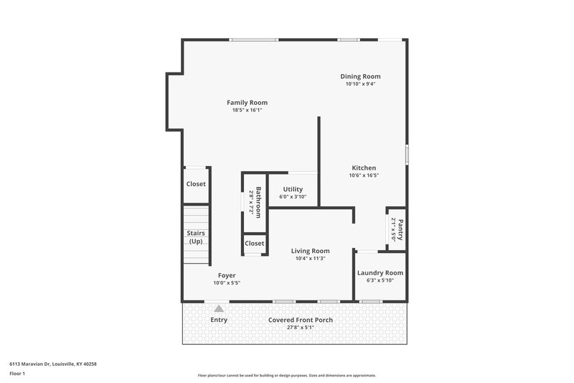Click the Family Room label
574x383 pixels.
247,103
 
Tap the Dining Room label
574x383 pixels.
360,76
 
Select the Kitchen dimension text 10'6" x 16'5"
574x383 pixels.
363,175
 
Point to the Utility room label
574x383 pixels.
293,189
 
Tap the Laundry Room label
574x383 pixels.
380,273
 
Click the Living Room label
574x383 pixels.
310,251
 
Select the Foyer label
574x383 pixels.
226,275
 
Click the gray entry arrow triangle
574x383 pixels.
219,308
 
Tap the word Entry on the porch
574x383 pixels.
219,320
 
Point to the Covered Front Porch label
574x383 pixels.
301,320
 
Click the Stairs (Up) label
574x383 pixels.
196,237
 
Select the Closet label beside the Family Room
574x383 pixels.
196,184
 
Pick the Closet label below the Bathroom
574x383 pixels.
254,244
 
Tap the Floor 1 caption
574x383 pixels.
17,374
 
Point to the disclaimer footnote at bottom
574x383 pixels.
287,375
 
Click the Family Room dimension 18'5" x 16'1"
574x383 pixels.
247,111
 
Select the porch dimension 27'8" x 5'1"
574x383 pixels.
301,328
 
